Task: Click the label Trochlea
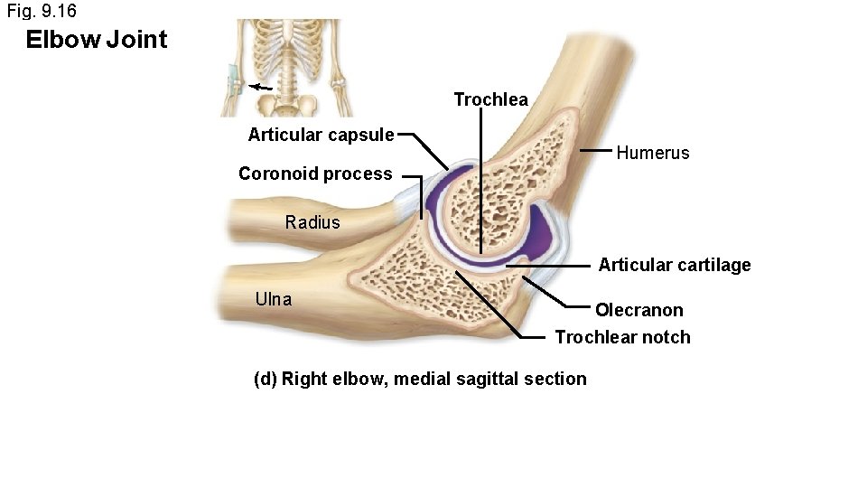pos(490,99)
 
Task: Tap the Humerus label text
pos(652,153)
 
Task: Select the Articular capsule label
pos(321,136)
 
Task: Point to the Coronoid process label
pos(315,174)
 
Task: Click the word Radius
pos(312,222)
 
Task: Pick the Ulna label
pos(274,299)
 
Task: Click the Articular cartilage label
pos(674,265)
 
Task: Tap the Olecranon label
pos(639,310)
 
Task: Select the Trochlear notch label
pos(622,337)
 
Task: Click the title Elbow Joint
pos(97,40)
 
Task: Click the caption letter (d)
pos(266,379)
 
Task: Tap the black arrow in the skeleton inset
pos(262,88)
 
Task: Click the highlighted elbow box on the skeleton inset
pos(233,81)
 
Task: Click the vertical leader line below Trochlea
pos(481,181)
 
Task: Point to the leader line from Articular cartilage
pos(551,267)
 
